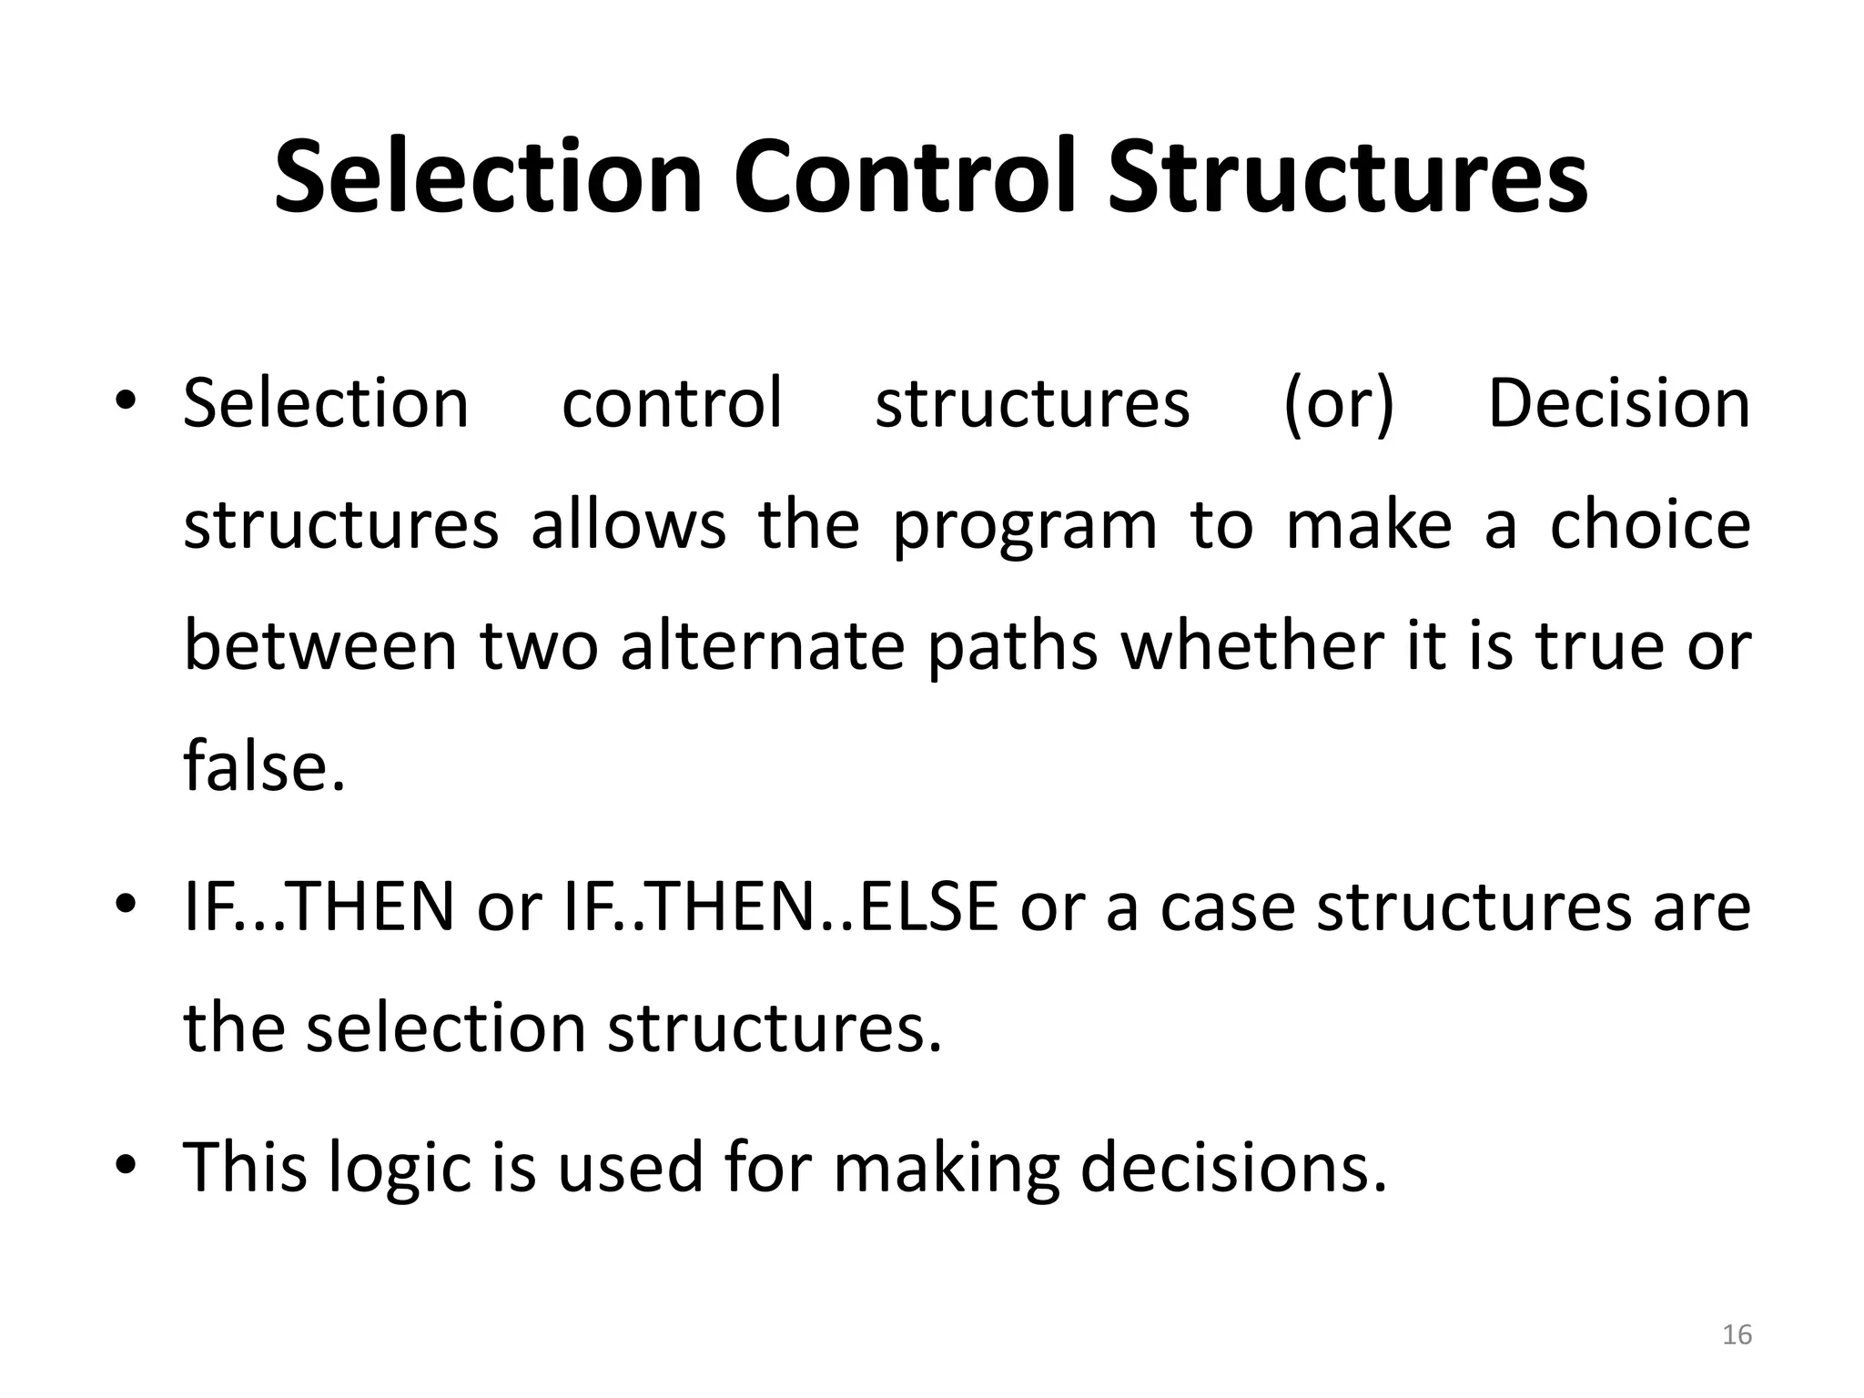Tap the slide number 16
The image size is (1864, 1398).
(x=1737, y=1334)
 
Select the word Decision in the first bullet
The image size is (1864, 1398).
(x=1618, y=403)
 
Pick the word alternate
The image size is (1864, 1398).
(x=763, y=645)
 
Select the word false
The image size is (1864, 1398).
(x=264, y=765)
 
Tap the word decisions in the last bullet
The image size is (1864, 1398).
(x=1233, y=1167)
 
